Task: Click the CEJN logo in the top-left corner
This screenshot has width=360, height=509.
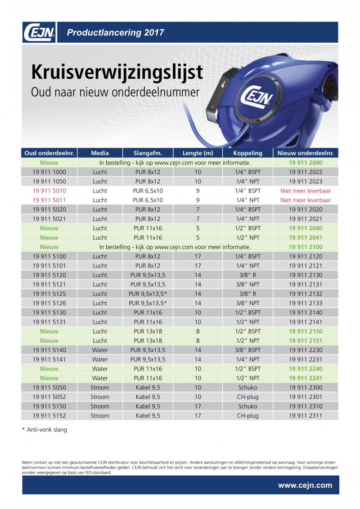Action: [39, 32]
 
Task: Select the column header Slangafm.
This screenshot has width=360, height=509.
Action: [148, 153]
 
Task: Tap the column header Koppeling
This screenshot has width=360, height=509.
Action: [247, 153]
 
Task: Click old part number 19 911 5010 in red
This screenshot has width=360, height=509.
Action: [49, 191]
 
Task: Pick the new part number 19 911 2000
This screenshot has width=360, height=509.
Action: [306, 162]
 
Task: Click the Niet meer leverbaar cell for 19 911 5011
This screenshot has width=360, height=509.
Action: [306, 200]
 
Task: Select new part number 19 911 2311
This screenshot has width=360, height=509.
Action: [306, 415]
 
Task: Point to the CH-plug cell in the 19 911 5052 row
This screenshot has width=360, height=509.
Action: [247, 397]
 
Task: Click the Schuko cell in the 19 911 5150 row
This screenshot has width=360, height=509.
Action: [247, 406]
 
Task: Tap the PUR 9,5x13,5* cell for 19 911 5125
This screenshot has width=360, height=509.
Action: [148, 294]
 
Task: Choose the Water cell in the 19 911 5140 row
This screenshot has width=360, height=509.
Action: [100, 350]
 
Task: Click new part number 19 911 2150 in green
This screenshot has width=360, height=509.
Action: [306, 331]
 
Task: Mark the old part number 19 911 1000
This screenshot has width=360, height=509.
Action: [49, 172]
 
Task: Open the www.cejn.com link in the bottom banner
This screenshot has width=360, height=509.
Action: [305, 485]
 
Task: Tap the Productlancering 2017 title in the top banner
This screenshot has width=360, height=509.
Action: [115, 32]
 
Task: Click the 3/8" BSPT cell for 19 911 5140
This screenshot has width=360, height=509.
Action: [247, 350]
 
